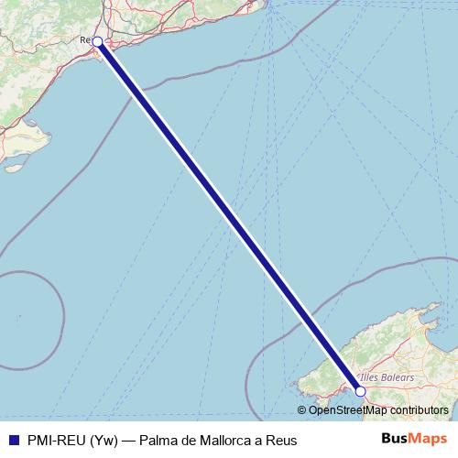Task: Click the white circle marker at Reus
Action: click(97, 41)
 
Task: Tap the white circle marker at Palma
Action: click(360, 391)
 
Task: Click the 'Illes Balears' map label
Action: click(387, 377)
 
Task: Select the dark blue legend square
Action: click(11, 440)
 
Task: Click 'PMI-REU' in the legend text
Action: click(57, 440)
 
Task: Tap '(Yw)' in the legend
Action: click(107, 440)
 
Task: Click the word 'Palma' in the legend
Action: click(158, 440)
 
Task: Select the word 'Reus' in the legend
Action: click(282, 440)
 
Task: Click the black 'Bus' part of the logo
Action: click(396, 439)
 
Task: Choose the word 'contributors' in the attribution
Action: click(420, 410)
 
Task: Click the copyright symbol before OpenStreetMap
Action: click(302, 410)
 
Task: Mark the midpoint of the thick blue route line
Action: click(229, 216)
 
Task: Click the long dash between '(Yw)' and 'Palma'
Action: click(131, 440)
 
